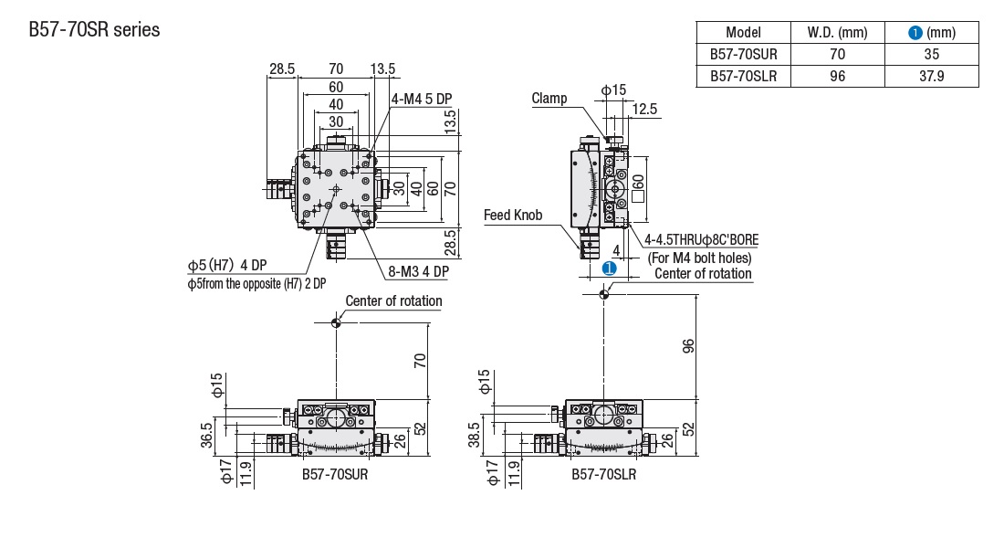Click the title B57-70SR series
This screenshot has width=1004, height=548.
[x=95, y=30]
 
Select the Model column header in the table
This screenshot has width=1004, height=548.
[x=743, y=32]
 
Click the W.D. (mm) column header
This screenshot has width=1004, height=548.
[x=837, y=32]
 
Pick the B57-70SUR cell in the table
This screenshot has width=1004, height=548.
[x=743, y=55]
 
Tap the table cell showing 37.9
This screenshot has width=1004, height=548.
[x=931, y=77]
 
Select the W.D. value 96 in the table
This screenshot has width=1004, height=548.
[x=837, y=77]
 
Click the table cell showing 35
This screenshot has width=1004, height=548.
[x=931, y=55]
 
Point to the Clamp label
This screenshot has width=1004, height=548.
[x=549, y=99]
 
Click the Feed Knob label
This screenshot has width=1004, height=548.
[x=513, y=216]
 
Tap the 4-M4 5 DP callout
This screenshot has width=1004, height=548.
[x=422, y=99]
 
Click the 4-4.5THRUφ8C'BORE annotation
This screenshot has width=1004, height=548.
[x=700, y=240]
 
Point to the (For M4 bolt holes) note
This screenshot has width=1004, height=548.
[x=700, y=258]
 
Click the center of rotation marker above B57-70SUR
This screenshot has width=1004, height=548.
[x=336, y=321]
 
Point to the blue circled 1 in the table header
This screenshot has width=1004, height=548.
[x=915, y=33]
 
